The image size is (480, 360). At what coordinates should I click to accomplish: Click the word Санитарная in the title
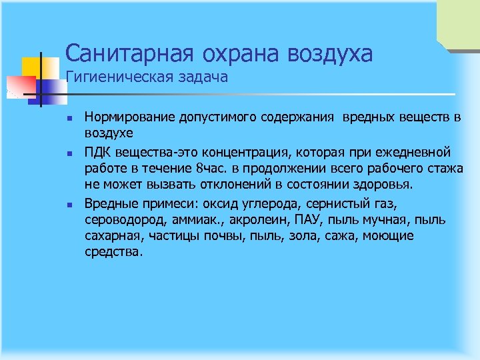coord(123,53)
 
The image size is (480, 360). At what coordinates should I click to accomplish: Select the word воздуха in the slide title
coord(327,53)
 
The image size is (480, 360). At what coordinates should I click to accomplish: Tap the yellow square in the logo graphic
coord(32,67)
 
